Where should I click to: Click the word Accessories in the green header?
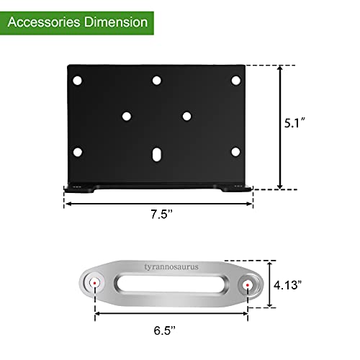click(45, 22)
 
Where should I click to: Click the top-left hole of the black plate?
click(78, 79)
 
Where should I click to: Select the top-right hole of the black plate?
click(235, 79)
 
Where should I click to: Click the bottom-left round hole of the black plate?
click(78, 151)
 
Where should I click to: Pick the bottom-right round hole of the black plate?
click(236, 151)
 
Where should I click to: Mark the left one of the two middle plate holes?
click(127, 115)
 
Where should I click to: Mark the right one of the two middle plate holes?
click(186, 115)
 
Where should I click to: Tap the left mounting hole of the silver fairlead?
click(94, 285)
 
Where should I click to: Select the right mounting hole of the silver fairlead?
click(248, 285)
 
